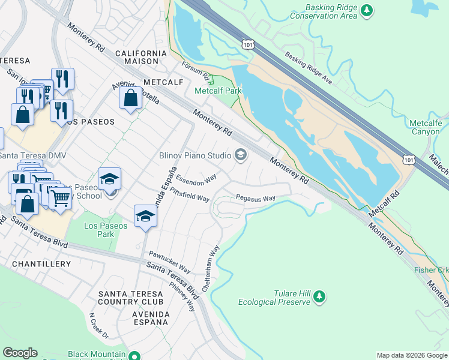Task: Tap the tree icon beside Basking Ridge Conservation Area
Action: pyautogui.click(x=366, y=11)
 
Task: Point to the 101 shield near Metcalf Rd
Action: pyautogui.click(x=409, y=160)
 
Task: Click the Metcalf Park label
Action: pyautogui.click(x=218, y=91)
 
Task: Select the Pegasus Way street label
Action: pyautogui.click(x=255, y=197)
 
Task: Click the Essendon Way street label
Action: pyautogui.click(x=196, y=178)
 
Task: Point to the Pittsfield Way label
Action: pyautogui.click(x=190, y=194)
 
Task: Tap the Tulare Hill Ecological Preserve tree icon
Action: pyautogui.click(x=319, y=296)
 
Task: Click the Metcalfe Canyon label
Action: pyautogui.click(x=425, y=127)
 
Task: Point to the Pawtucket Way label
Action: pyautogui.click(x=170, y=263)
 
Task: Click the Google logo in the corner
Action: pyautogui.click(x=20, y=353)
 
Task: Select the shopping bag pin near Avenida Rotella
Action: pyautogui.click(x=130, y=98)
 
